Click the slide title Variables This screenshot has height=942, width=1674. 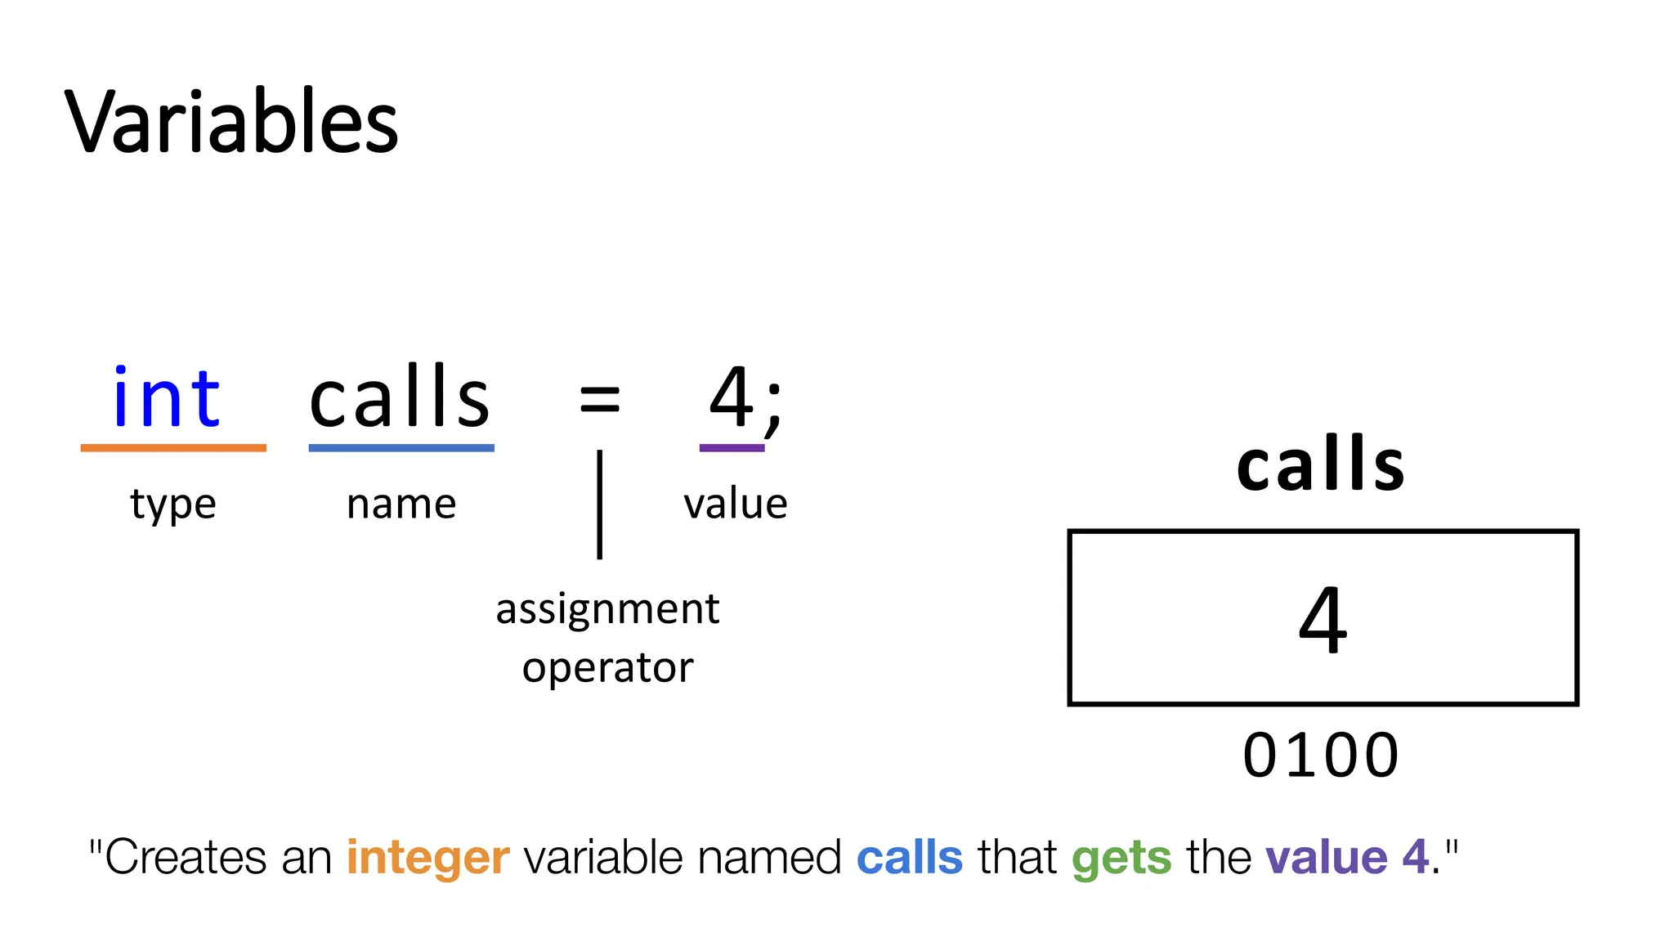coord(231,123)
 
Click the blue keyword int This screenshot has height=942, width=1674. coord(167,398)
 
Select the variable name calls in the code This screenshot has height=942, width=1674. coord(400,398)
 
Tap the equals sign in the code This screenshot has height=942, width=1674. coord(599,401)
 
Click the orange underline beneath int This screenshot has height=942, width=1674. coord(173,448)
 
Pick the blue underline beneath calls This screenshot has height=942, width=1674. coord(401,448)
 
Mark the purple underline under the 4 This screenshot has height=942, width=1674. coord(732,448)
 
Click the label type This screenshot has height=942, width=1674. coord(173,505)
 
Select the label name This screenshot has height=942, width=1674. coord(401,504)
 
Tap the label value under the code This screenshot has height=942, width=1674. coord(736,504)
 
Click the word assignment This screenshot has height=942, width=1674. coord(607,610)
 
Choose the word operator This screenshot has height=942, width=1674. coord(607,669)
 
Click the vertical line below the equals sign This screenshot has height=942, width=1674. coord(600,505)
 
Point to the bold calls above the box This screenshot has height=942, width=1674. coord(1321,464)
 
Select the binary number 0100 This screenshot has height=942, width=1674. coord(1321,756)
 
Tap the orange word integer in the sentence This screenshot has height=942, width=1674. coord(427,858)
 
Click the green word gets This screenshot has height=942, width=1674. coord(1121,858)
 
